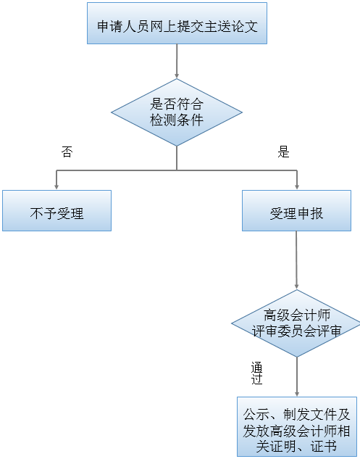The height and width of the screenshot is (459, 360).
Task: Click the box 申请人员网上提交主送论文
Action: click(177, 27)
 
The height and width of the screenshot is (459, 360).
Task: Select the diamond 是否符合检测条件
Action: click(177, 112)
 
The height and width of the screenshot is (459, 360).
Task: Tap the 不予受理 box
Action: click(56, 211)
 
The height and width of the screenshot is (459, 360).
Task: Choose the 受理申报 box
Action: click(296, 211)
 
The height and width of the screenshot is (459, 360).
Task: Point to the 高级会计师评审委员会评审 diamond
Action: click(296, 323)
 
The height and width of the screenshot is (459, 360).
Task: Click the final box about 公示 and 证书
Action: click(296, 426)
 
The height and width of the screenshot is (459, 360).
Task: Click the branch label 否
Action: click(67, 152)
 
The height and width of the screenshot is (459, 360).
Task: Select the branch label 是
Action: click(284, 152)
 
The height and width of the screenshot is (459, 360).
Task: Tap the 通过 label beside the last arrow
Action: click(256, 373)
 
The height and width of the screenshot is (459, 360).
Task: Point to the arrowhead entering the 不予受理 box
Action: click(56, 186)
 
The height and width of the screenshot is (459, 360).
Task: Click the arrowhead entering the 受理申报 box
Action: click(296, 186)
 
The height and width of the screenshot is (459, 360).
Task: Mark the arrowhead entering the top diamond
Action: click(177, 75)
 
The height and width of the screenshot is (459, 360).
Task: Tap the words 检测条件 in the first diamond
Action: click(177, 120)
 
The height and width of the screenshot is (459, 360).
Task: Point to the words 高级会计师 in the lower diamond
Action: click(297, 315)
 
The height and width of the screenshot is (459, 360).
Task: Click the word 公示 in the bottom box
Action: click(257, 414)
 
